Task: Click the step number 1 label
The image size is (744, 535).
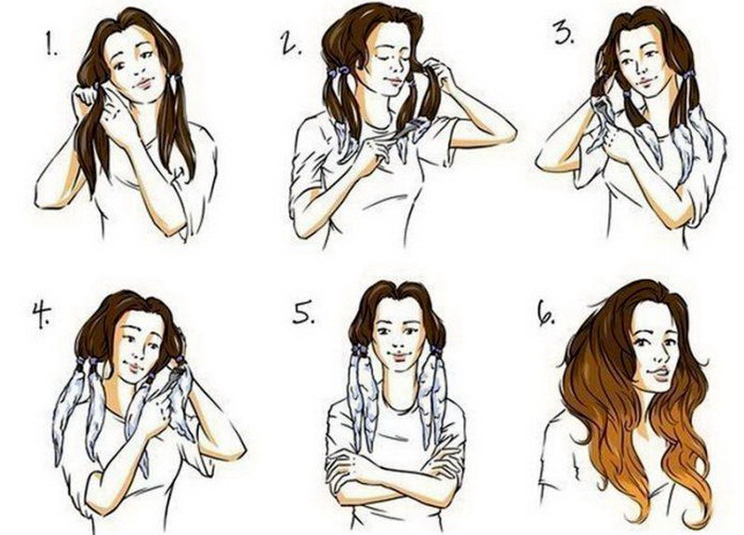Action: [52, 45]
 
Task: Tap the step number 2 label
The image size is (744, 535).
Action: [291, 43]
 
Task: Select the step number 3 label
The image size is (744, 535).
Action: [565, 33]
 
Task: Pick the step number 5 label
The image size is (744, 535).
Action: [303, 311]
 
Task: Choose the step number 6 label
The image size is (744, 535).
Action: [546, 313]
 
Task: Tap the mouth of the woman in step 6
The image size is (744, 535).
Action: [658, 373]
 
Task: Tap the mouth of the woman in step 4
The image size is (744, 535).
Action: [134, 366]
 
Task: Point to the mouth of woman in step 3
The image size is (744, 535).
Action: [646, 86]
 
